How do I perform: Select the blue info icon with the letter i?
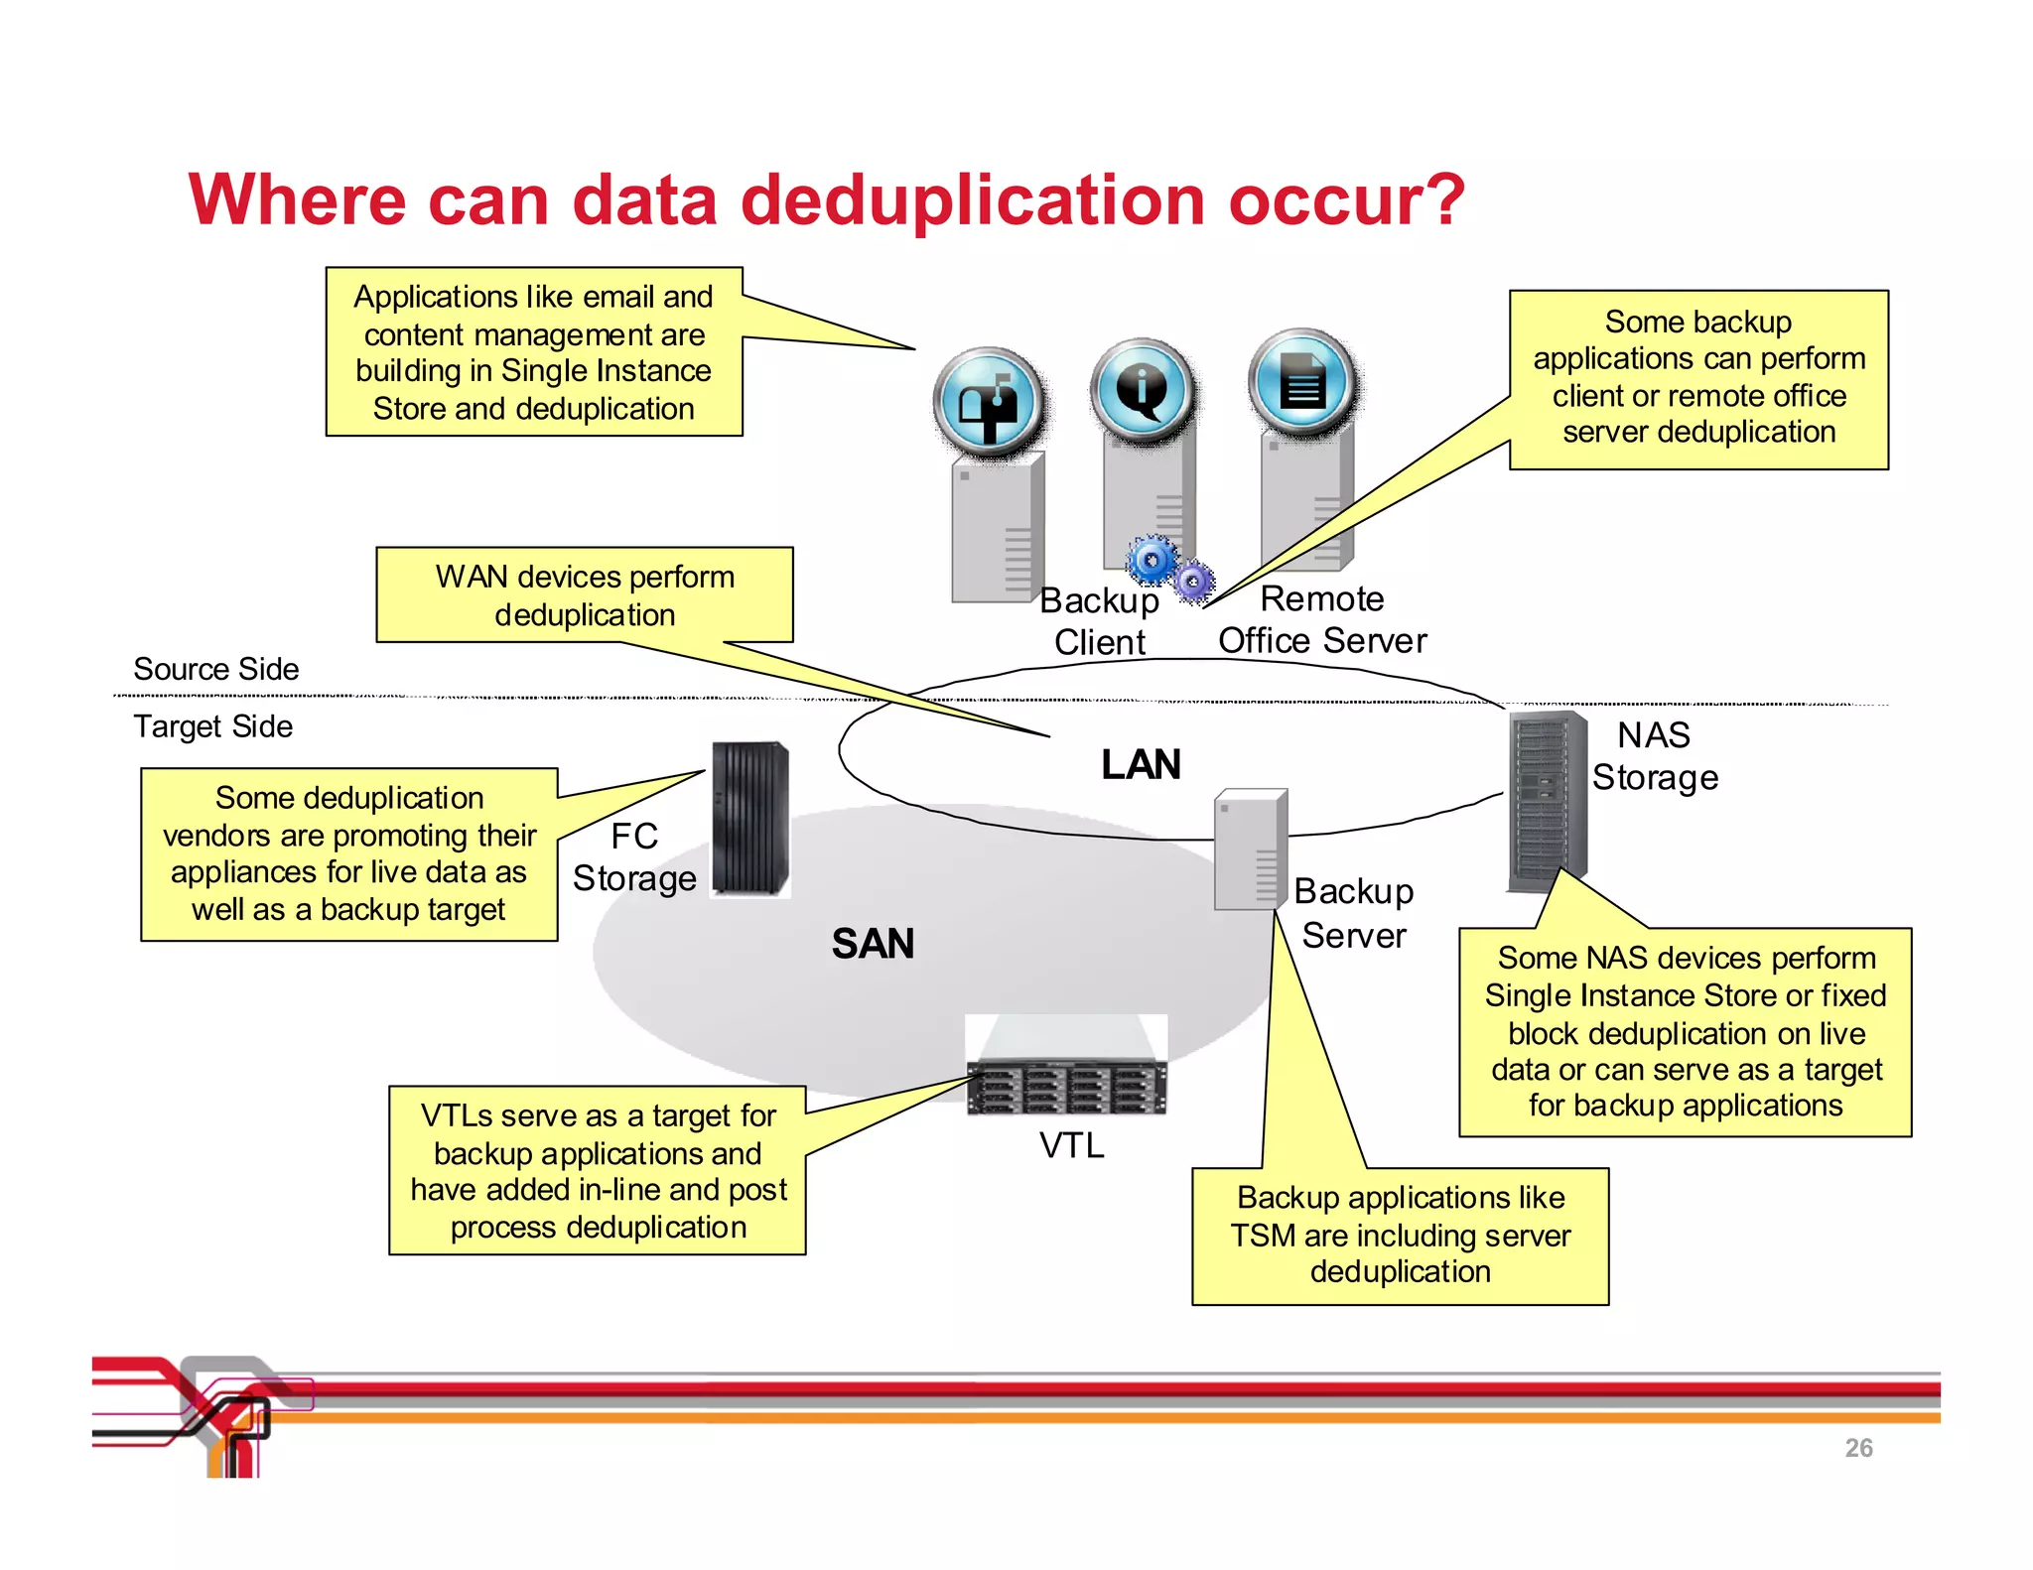(1143, 388)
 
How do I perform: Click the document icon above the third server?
(1302, 382)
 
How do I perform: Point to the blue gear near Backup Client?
(1152, 562)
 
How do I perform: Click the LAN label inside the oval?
(1141, 765)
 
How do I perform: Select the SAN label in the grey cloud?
(873, 944)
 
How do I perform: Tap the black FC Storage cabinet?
(749, 820)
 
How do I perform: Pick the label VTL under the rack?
(1071, 1146)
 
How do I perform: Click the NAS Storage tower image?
(1546, 802)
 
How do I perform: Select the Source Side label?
(216, 669)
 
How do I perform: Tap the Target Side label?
(213, 726)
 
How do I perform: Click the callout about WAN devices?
(585, 595)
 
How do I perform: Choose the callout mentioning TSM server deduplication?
(1400, 1236)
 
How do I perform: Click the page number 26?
(1858, 1448)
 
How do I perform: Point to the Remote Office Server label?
(1322, 620)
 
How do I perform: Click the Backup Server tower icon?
(1250, 850)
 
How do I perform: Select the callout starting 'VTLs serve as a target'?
(597, 1171)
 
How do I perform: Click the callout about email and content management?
(534, 352)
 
